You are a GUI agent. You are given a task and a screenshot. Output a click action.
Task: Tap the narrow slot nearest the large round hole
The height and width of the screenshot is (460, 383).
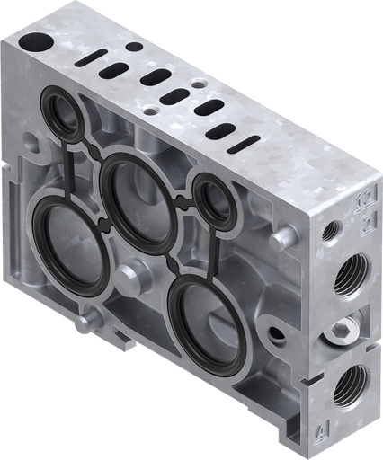pyautogui.click(x=91, y=57)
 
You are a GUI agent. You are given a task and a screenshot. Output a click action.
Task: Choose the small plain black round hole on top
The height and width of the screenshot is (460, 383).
pyautogui.click(x=133, y=46)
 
